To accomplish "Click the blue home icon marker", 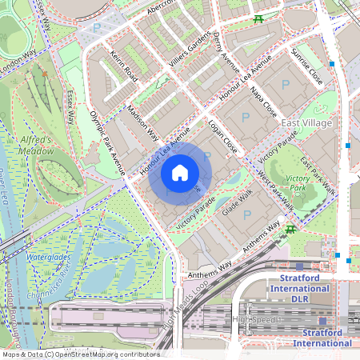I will pyautogui.click(x=180, y=173).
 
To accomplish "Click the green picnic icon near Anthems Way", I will pyautogui.click(x=290, y=230).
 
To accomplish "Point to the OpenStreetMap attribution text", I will pyautogui.click(x=80, y=354).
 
